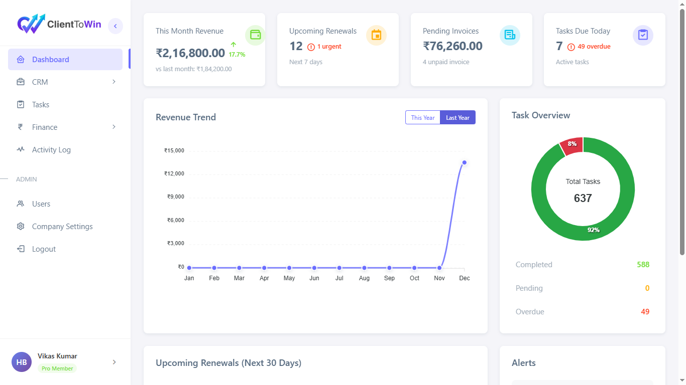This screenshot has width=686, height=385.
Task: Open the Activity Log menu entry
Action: point(51,150)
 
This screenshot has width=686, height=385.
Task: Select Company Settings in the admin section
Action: point(62,227)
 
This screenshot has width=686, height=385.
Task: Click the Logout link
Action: point(44,249)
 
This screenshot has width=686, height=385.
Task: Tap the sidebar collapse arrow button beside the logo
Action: point(116,26)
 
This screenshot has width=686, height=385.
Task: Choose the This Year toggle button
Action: point(423,117)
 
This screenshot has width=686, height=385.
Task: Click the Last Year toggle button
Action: point(458,117)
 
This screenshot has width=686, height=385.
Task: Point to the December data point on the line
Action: point(465,162)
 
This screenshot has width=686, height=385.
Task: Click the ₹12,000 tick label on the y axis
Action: point(174,173)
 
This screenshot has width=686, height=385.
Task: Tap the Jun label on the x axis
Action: point(314,278)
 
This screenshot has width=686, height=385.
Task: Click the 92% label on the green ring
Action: point(594,230)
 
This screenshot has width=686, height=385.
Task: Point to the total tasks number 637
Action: point(583,198)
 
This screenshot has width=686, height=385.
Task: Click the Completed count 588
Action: point(643,265)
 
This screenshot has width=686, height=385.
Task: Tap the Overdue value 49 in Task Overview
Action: point(645,312)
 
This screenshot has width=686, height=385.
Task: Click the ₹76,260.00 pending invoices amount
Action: point(452,46)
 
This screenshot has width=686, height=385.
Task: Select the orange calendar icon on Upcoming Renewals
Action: point(376,35)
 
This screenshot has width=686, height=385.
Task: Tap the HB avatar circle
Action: point(22,362)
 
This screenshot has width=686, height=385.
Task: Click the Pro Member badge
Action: point(57,368)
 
